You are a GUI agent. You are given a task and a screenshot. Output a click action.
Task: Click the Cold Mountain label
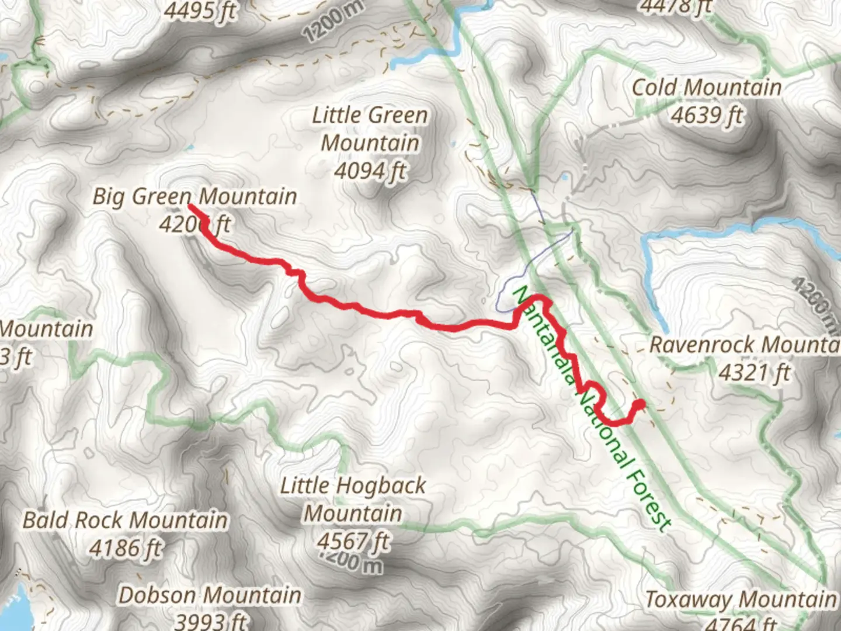pos(707,88)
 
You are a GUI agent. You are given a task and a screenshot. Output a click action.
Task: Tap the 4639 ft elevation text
pos(707,115)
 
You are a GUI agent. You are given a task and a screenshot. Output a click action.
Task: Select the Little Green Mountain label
pos(370,129)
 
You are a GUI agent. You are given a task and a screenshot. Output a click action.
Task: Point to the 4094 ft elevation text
pos(370,171)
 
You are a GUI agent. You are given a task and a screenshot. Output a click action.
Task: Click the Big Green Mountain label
pos(194,196)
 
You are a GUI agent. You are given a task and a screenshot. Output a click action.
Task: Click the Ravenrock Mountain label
pos(745,345)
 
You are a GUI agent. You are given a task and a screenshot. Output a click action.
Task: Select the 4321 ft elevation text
pos(754,372)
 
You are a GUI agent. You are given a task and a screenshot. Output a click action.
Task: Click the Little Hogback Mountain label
pos(353,500)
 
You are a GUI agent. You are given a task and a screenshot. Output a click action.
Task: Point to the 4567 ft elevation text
pos(353,541)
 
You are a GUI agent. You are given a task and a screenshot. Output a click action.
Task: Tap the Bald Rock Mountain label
pos(125,520)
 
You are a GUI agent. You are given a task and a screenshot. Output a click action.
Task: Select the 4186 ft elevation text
pos(125,548)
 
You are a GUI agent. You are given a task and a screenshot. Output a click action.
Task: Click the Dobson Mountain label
pos(210,595)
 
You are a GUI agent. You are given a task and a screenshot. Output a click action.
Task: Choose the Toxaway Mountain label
pos(741,599)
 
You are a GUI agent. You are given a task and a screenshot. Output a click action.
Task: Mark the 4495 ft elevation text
pos(200,11)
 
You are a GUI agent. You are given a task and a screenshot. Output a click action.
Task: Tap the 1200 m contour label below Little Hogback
pos(351,563)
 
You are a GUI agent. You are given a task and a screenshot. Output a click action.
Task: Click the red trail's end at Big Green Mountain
pos(190,206)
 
